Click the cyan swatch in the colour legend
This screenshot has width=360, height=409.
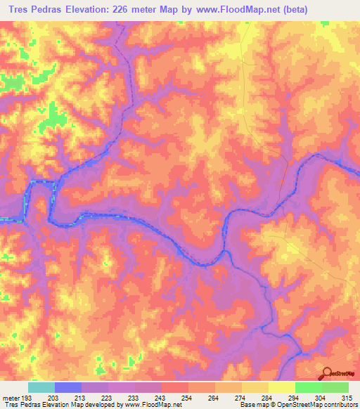(x=41, y=387)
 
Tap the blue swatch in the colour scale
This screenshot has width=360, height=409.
(x=68, y=387)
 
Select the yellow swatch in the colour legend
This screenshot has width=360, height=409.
(x=282, y=387)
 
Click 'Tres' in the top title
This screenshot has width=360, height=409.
(x=19, y=9)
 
